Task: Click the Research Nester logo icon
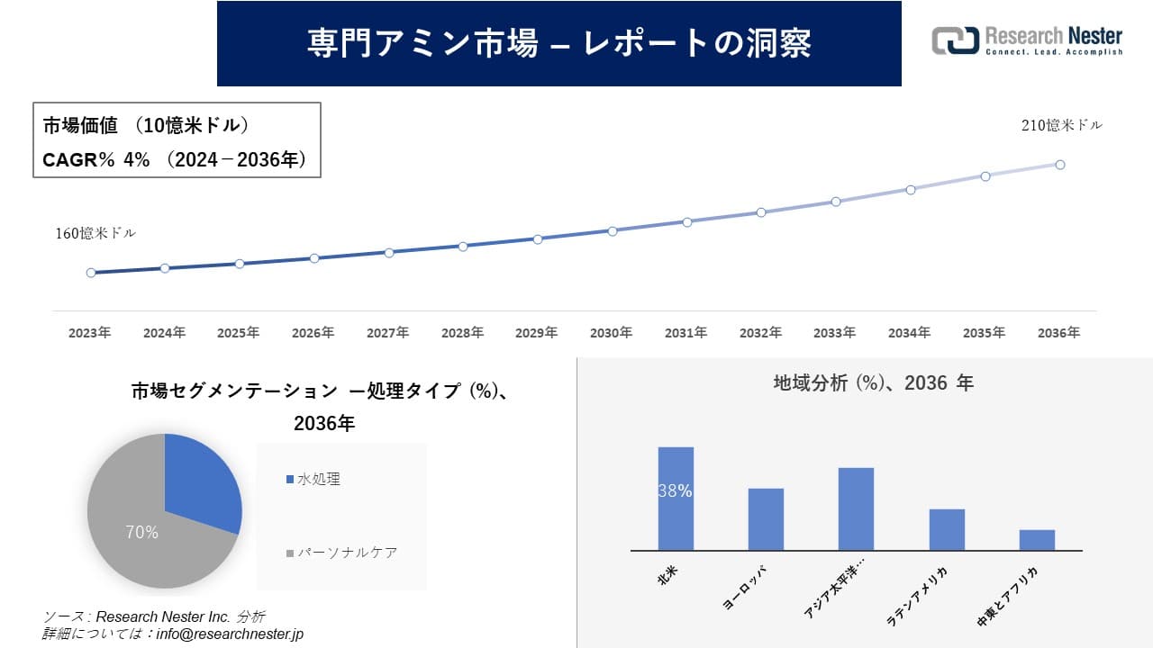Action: click(956, 40)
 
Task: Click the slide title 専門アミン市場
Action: click(558, 43)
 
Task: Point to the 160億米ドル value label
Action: click(95, 233)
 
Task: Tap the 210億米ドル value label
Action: click(1061, 126)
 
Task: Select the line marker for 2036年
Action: click(1060, 165)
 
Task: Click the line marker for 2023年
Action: click(91, 273)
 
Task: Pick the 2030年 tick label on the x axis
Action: click(611, 333)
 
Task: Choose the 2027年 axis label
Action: click(387, 333)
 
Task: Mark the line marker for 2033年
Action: click(836, 202)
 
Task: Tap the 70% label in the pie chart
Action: click(141, 533)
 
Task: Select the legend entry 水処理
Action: click(318, 480)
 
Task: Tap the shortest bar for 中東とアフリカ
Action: click(1037, 540)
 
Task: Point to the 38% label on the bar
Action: click(675, 491)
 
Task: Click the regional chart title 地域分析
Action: click(873, 383)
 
